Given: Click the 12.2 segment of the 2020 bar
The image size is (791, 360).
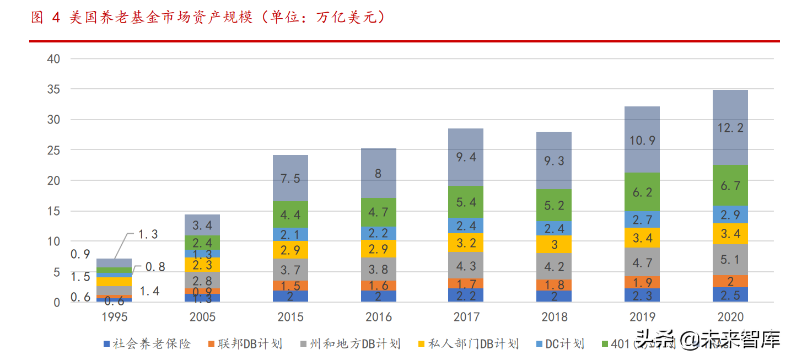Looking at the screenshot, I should click(x=731, y=128).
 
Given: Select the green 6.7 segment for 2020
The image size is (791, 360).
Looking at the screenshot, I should click(x=731, y=186).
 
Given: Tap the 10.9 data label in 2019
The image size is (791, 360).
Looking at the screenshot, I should click(x=643, y=140).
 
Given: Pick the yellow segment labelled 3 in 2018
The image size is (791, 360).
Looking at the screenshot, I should click(x=555, y=244).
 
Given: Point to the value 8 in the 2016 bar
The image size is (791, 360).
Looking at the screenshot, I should click(x=378, y=173).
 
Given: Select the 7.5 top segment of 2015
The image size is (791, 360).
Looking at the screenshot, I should click(x=290, y=178).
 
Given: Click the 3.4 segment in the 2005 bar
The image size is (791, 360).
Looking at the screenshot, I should click(x=202, y=225).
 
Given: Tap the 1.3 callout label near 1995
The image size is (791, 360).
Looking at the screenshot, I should click(x=147, y=234).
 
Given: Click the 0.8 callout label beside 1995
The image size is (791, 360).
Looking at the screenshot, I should click(x=156, y=267).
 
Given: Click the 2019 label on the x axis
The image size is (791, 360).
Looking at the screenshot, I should click(x=643, y=317).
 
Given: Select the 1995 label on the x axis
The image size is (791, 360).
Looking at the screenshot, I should click(x=114, y=317).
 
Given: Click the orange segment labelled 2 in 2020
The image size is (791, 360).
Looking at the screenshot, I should click(x=731, y=281).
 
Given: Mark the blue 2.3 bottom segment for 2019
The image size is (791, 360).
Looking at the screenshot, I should click(x=643, y=295).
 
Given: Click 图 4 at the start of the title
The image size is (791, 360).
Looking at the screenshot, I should click(x=45, y=18).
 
